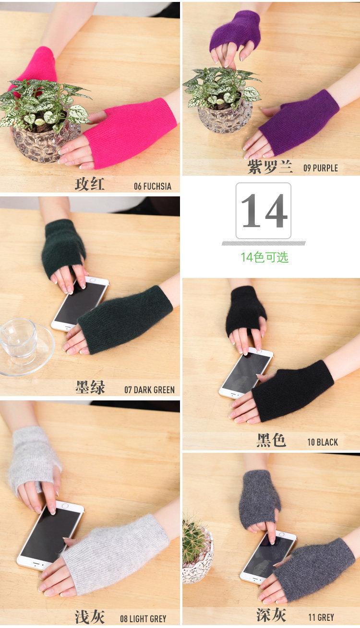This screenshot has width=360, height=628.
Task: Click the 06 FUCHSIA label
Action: (x=153, y=186)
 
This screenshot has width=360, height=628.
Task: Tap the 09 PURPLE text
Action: (x=321, y=168)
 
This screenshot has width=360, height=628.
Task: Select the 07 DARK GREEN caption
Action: (x=149, y=390)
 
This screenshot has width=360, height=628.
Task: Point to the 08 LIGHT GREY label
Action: (x=143, y=619)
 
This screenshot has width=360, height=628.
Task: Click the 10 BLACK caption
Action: (x=323, y=442)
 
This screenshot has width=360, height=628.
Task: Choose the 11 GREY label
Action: (x=321, y=617)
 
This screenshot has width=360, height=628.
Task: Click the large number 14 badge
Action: (x=264, y=211)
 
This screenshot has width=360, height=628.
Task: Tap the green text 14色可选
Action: (x=264, y=257)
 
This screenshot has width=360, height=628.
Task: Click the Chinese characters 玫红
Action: (x=90, y=184)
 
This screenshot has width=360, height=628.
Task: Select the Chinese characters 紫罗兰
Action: (x=270, y=167)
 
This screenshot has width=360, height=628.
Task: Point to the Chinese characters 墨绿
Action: (x=90, y=387)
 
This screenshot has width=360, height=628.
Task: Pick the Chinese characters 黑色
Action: (x=271, y=440)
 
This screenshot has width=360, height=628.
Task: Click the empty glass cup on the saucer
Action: (x=19, y=340)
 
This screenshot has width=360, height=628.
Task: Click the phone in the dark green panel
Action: (x=80, y=303)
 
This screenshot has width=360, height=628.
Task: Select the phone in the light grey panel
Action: (x=50, y=535)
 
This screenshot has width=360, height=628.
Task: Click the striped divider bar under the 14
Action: (x=264, y=243)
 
